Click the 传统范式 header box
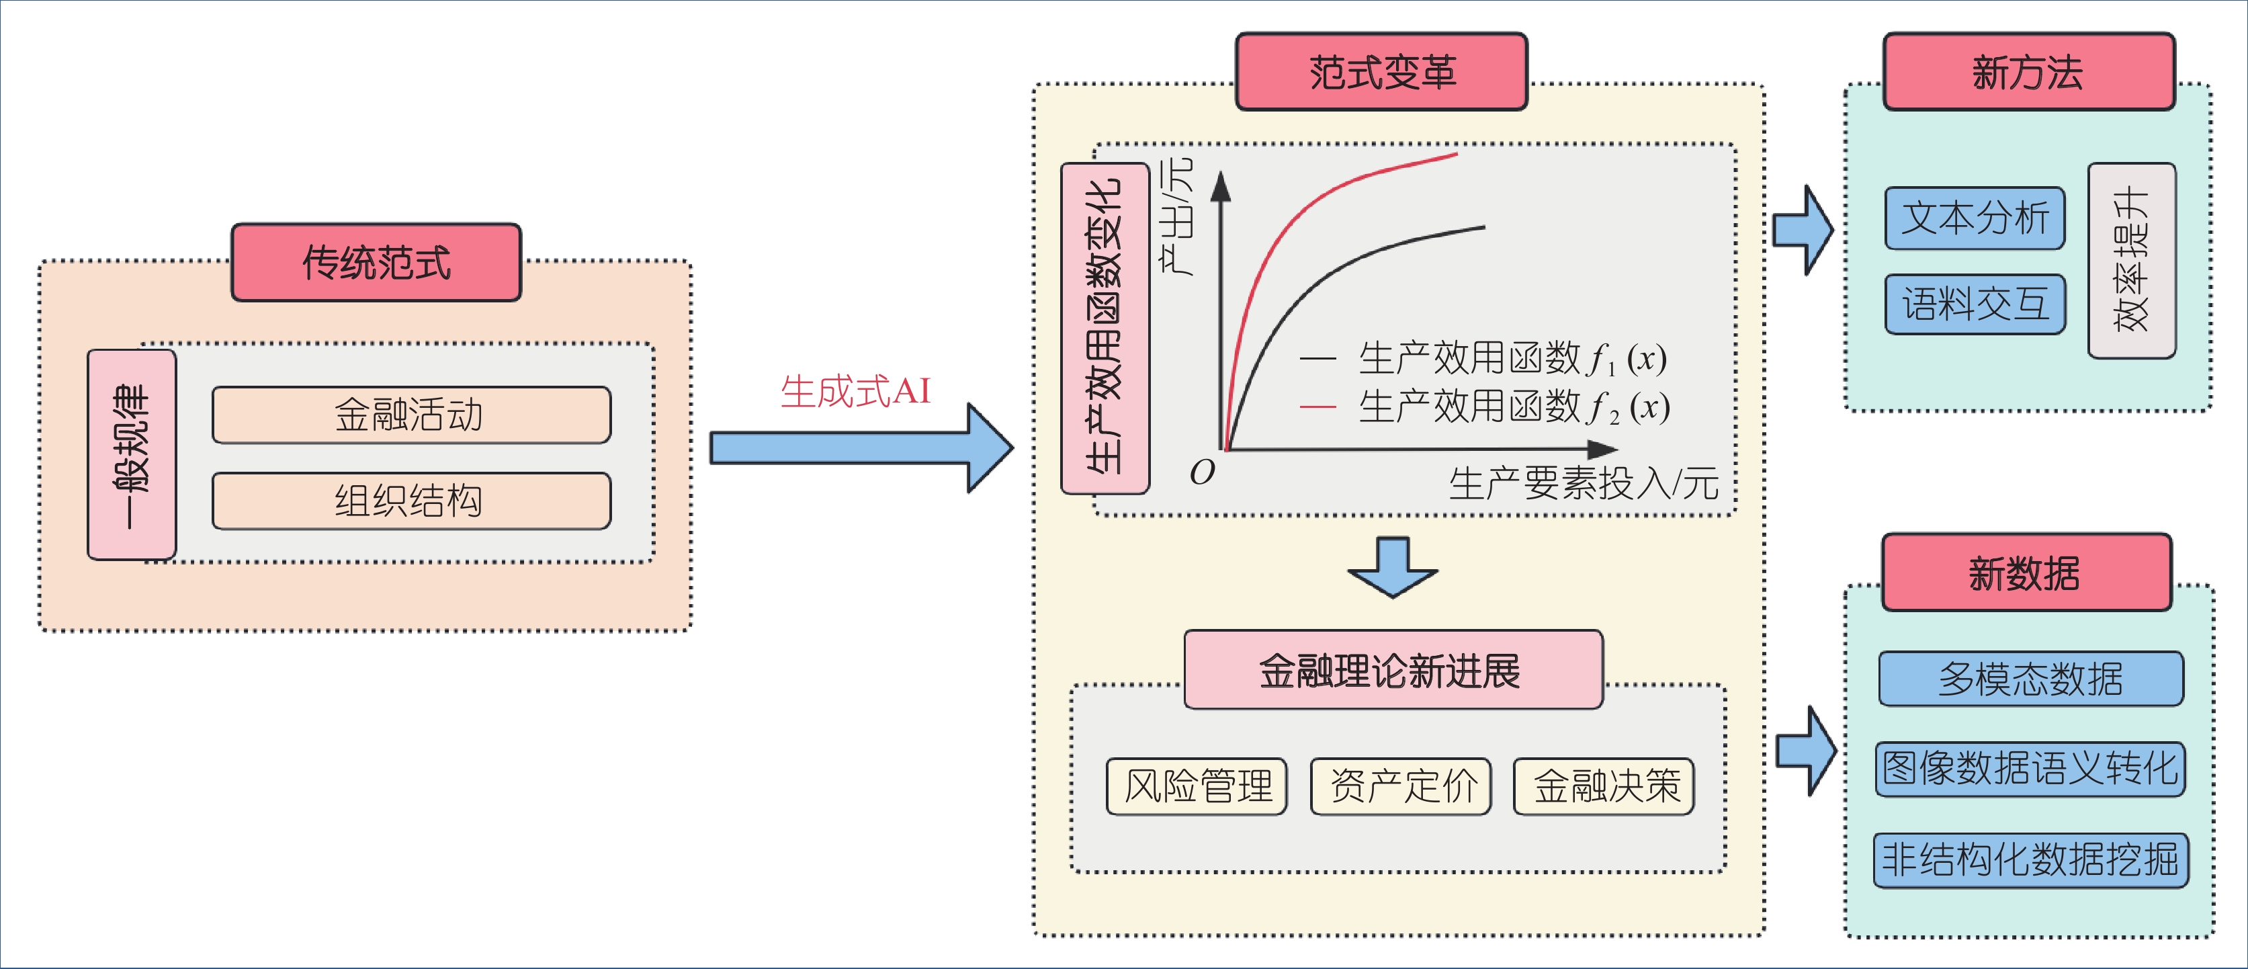[x=376, y=263]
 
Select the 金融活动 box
[x=411, y=415]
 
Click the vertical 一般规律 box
[x=132, y=455]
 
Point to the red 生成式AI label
[x=855, y=391]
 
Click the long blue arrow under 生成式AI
[x=859, y=448]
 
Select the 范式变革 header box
[x=1381, y=73]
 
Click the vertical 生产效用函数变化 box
[x=1104, y=328]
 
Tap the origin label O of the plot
[x=1202, y=472]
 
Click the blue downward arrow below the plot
[x=1392, y=567]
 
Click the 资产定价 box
[x=1401, y=786]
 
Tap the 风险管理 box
[x=1197, y=786]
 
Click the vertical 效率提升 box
[x=2131, y=260]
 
